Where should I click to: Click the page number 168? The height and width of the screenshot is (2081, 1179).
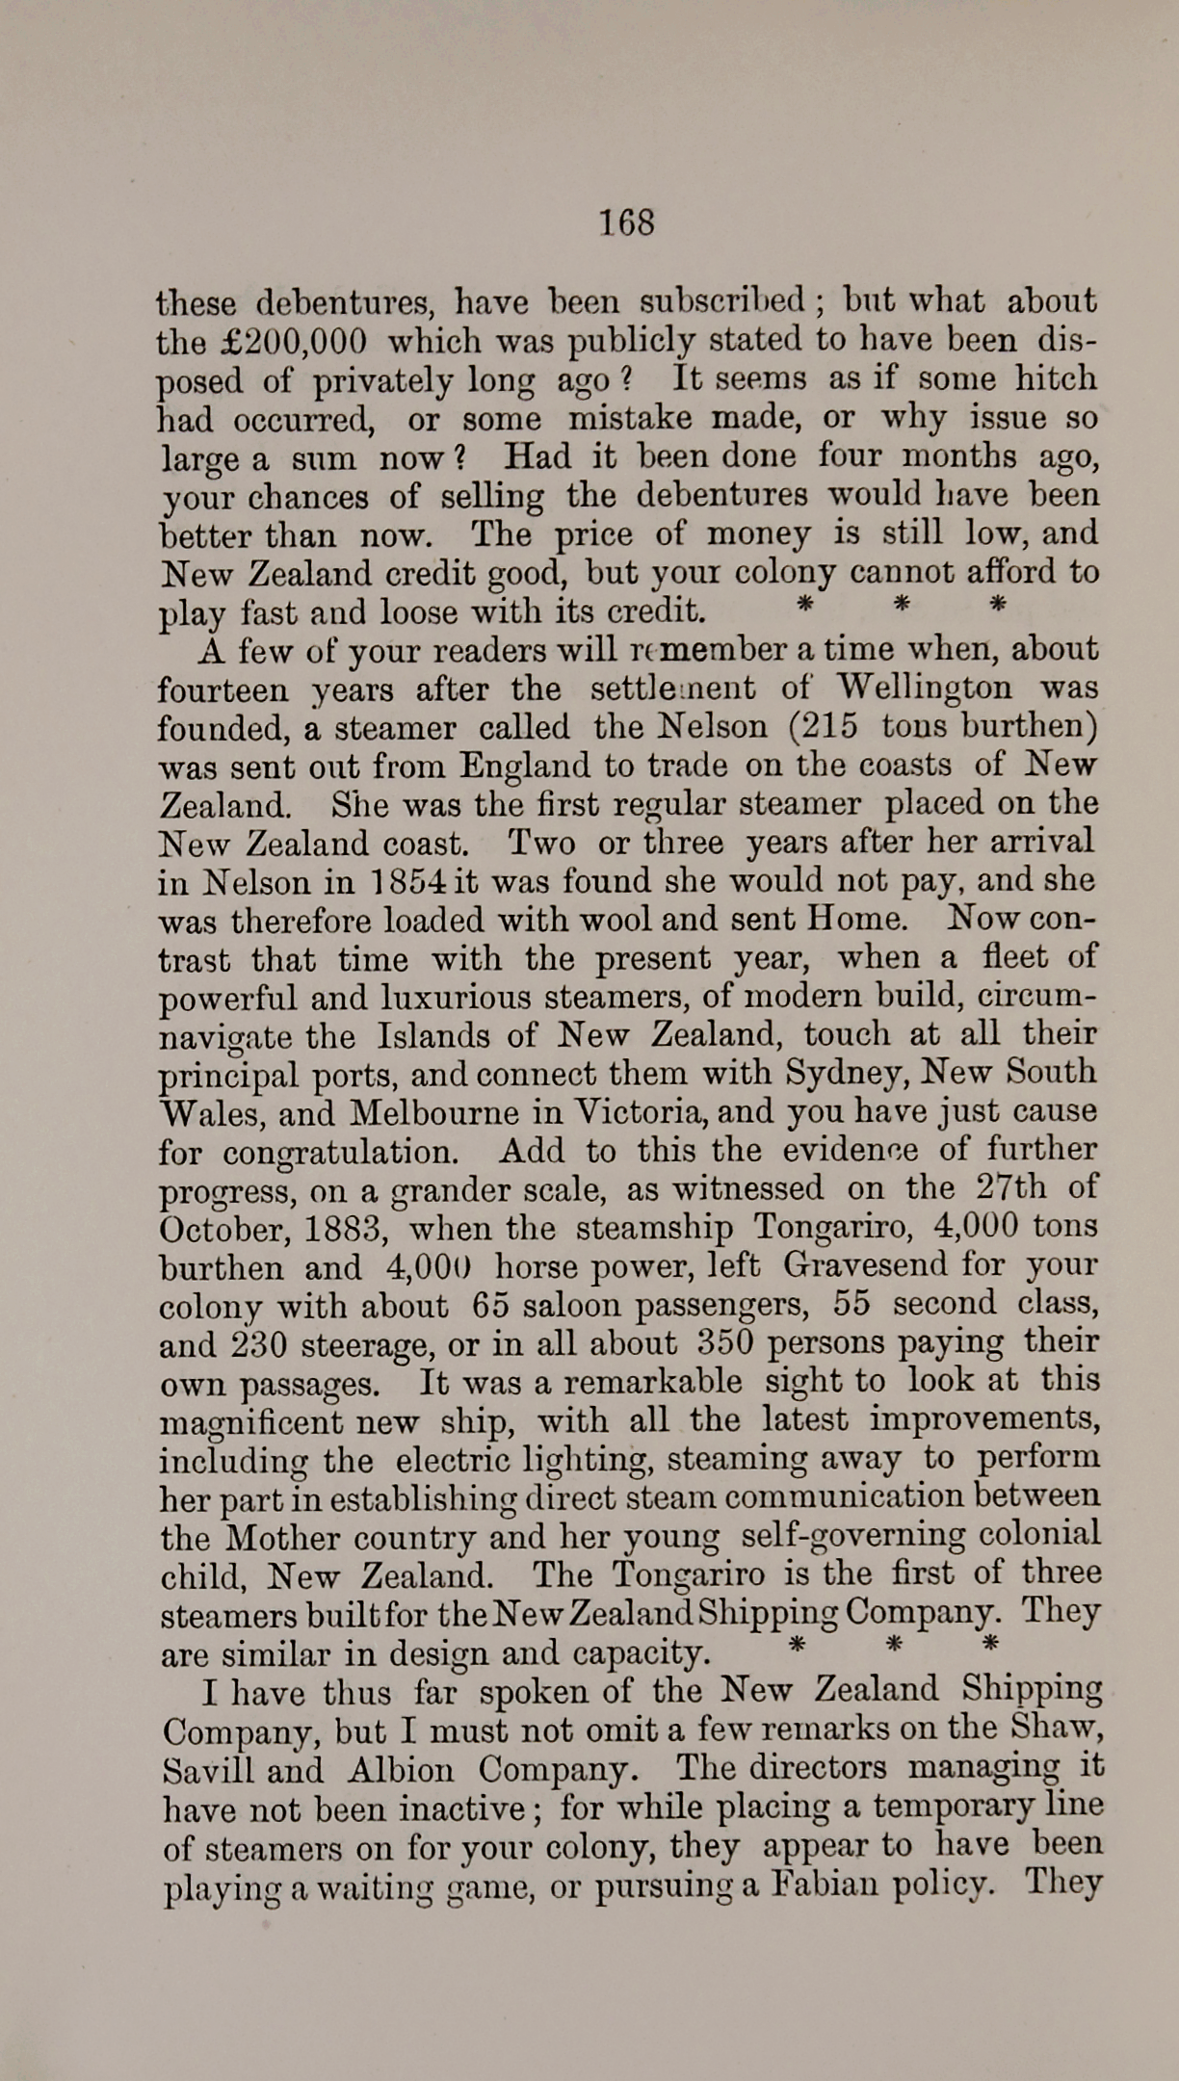626,221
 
